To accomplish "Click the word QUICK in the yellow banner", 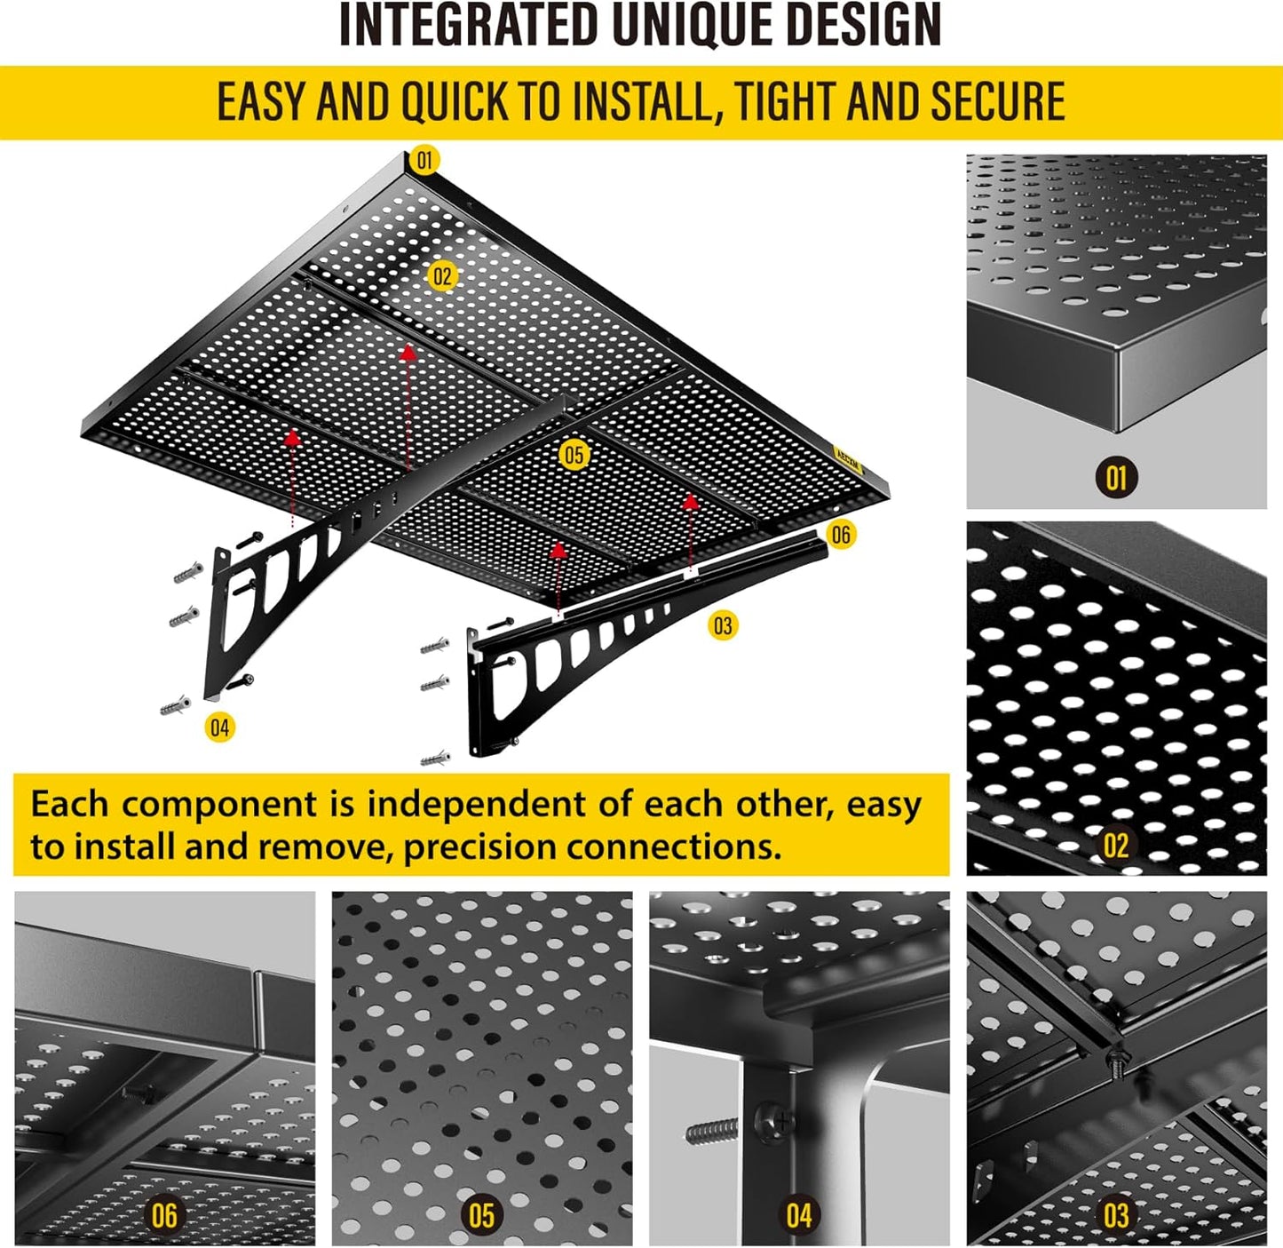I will coord(454,101).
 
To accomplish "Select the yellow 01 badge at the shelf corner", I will coord(424,160).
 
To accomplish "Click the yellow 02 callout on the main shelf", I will coord(441,276).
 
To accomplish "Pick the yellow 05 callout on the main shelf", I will coord(574,456).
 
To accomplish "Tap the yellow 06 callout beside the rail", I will coord(840,535).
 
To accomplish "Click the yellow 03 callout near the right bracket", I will coord(723,626).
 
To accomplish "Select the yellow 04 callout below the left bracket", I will coord(219,728).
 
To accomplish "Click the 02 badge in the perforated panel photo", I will coord(1116,845).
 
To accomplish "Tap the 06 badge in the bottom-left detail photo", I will coord(164,1215).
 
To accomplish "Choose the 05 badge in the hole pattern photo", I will coord(481,1215).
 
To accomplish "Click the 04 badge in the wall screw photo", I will coord(799,1215).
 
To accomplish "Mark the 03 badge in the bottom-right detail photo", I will coord(1116,1215).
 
